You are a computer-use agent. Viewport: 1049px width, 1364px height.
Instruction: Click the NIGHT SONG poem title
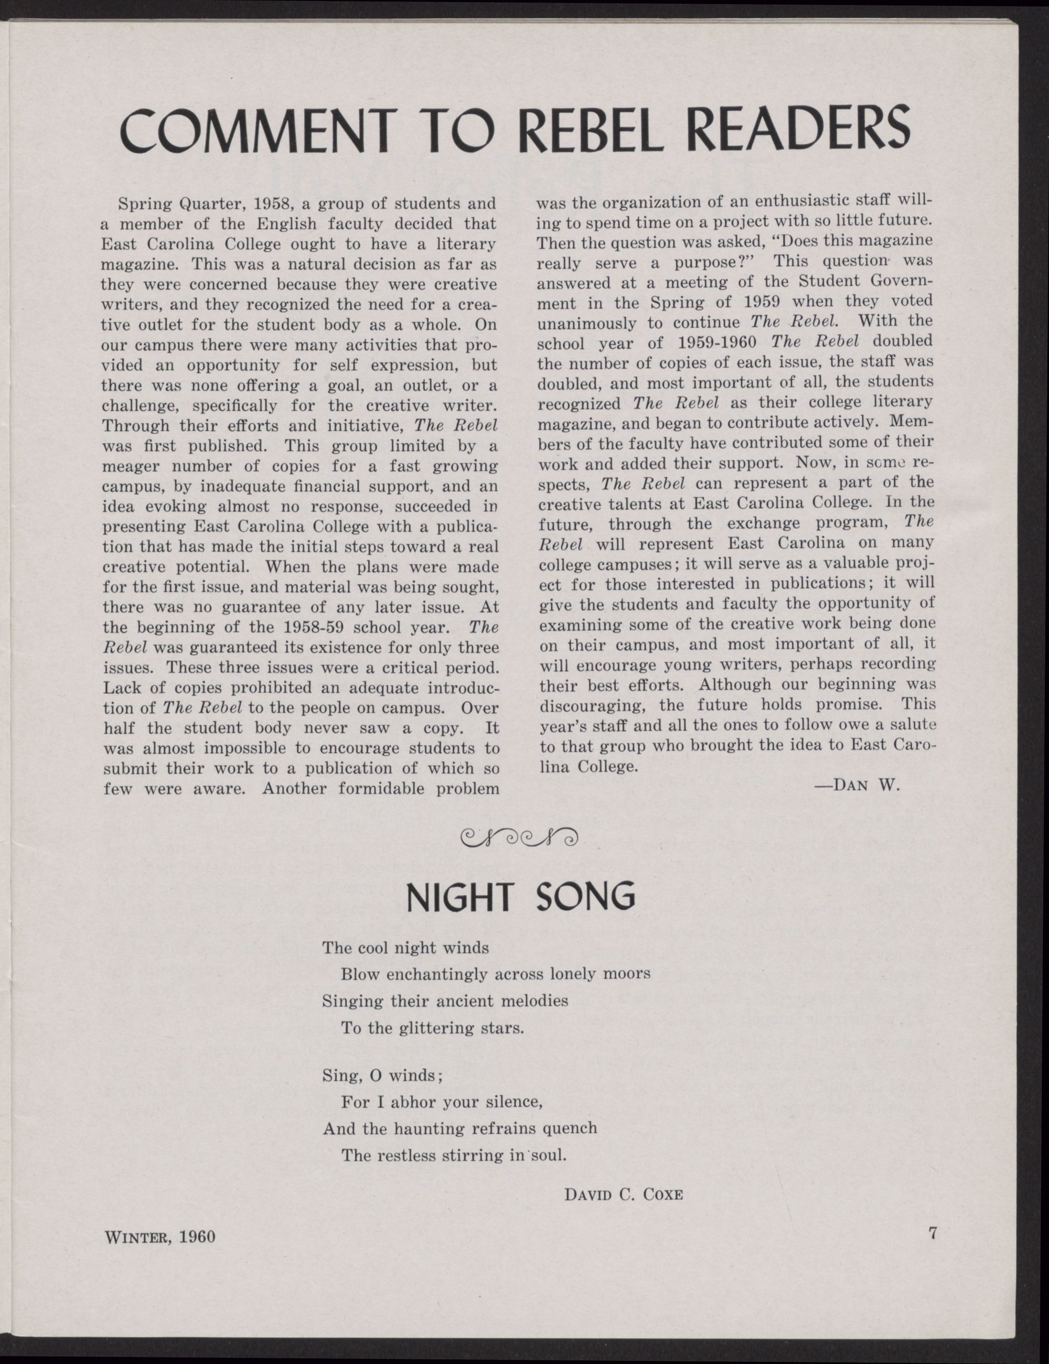[520, 897]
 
